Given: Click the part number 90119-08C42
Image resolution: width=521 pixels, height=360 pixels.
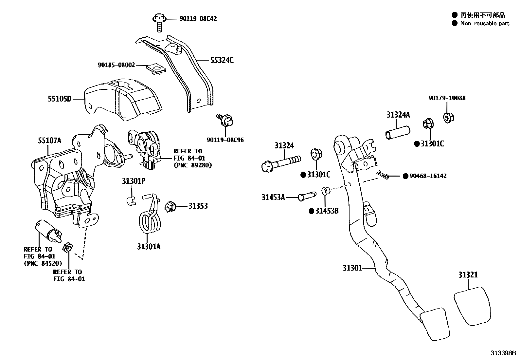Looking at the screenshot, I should pos(198,19).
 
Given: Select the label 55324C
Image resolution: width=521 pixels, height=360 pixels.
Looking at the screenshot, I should pos(222,60).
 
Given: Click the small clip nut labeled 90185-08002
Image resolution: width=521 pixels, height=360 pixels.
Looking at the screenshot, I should pos(156,69).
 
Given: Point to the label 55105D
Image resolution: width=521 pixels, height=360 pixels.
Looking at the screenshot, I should pos(60,98).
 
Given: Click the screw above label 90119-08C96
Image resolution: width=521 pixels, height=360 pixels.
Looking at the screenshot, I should pos(225,120).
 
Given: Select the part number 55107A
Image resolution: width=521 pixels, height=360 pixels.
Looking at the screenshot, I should pos(49,141).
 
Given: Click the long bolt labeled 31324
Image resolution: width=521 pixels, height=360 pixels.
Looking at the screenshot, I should pos(281,163).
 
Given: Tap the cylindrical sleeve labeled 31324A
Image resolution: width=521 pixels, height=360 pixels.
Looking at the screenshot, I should pos(397,133).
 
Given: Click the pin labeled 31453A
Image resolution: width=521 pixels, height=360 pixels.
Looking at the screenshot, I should pos(307,196).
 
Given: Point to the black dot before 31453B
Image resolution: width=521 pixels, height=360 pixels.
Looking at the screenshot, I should pos(312,211).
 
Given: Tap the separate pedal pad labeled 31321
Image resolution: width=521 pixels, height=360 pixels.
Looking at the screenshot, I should pos(473,306).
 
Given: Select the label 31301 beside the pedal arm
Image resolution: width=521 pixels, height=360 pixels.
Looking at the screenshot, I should pos(352,268).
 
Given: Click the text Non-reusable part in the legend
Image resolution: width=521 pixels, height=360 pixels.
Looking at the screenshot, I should pos(485,23).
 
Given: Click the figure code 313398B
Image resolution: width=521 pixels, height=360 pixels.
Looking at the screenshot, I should pos(503,353).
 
